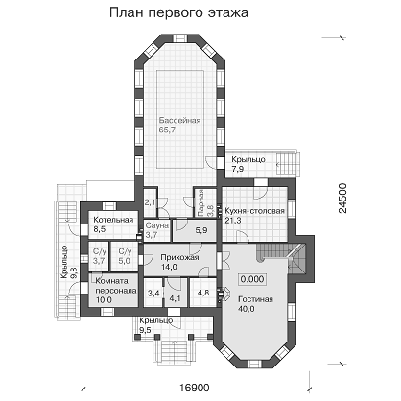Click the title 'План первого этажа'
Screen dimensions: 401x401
(178, 13)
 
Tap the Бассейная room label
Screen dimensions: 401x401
(179, 121)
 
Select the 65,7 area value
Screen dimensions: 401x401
(167, 130)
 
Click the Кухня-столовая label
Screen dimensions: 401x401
(254, 211)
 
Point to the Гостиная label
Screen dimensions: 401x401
(255, 299)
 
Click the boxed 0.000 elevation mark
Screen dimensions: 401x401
(252, 279)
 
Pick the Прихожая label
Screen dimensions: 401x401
(179, 257)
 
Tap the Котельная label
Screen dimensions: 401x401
(113, 220)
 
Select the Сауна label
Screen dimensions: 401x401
(157, 225)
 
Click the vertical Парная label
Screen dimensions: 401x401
(200, 199)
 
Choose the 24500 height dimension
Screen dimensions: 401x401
(342, 199)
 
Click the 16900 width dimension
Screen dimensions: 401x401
(194, 388)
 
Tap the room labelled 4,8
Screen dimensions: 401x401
(203, 293)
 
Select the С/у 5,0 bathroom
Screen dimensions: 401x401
(125, 257)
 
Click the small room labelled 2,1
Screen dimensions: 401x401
(150, 202)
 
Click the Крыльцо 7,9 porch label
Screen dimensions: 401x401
(248, 164)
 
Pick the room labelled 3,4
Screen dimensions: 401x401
(153, 293)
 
